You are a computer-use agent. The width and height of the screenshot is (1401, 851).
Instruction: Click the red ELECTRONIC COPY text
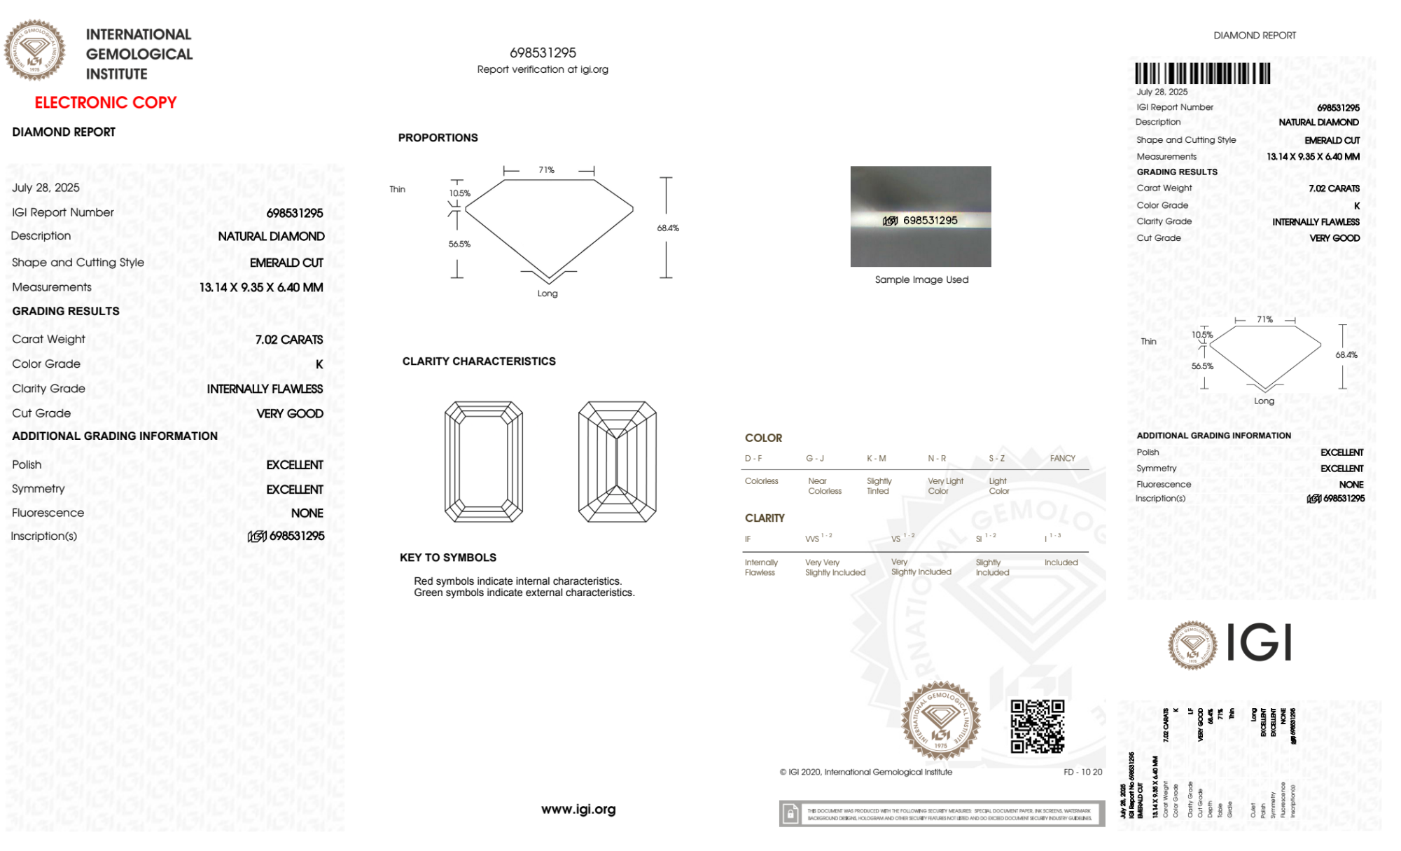(x=105, y=102)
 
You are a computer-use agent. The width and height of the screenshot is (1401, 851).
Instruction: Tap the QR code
(x=1037, y=726)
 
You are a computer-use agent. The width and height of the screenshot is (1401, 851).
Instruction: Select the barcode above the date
(x=1202, y=74)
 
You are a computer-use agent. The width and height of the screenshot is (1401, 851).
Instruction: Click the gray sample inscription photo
(x=920, y=216)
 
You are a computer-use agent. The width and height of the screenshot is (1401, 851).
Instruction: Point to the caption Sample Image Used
(x=921, y=279)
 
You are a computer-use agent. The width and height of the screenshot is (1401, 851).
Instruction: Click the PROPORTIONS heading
(x=438, y=138)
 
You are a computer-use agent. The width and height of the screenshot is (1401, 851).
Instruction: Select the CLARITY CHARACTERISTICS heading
(x=479, y=361)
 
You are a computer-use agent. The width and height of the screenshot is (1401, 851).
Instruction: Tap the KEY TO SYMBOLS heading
(x=448, y=558)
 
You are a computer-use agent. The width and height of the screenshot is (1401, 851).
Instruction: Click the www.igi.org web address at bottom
(x=578, y=809)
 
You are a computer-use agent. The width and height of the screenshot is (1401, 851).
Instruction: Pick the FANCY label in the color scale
(x=1062, y=458)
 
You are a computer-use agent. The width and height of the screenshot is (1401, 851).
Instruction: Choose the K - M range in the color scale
(x=876, y=458)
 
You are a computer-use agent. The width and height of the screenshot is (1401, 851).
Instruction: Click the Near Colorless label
(x=824, y=486)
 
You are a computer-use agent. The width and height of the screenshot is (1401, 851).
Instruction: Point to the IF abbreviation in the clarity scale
(x=748, y=539)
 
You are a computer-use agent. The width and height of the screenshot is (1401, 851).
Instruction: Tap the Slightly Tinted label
(x=879, y=486)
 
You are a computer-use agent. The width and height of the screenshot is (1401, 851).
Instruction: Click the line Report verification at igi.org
(x=543, y=69)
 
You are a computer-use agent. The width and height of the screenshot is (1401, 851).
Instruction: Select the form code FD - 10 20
(x=1082, y=772)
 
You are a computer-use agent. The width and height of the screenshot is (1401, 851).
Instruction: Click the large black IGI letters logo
(x=1260, y=642)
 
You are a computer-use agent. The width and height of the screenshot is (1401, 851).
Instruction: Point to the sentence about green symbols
(x=524, y=593)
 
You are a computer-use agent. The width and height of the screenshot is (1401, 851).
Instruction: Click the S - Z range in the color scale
(x=996, y=458)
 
